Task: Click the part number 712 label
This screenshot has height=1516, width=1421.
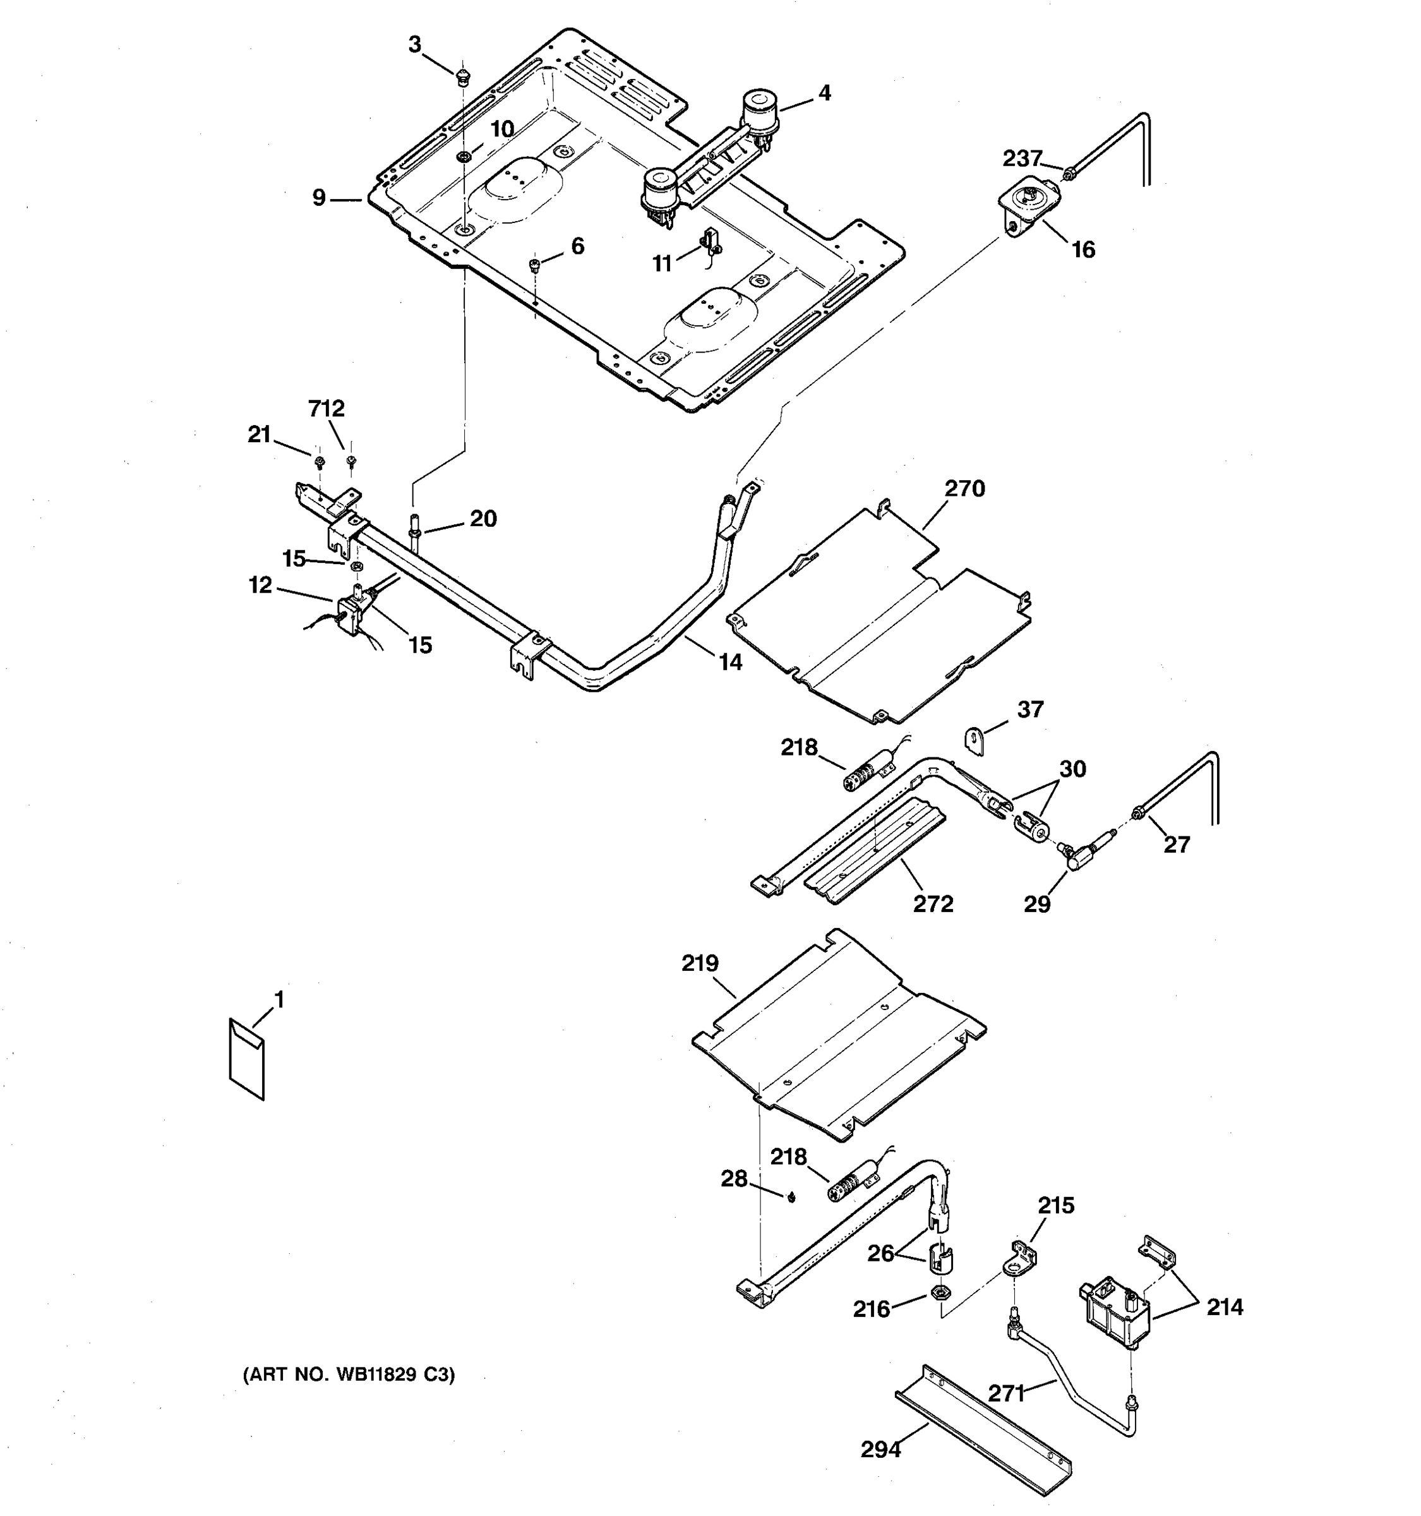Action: click(x=327, y=409)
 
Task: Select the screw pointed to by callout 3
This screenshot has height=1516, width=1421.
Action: click(x=461, y=76)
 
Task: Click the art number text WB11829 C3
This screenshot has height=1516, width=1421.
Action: click(x=349, y=1375)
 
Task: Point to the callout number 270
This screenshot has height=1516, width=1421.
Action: click(x=964, y=488)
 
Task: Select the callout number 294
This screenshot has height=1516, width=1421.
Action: click(x=880, y=1449)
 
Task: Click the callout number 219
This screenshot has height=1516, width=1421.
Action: click(x=700, y=963)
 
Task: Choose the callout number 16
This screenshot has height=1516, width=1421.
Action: click(x=1083, y=250)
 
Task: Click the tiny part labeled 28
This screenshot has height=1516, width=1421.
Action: click(x=791, y=1197)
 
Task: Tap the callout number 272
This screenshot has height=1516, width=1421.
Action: click(x=933, y=904)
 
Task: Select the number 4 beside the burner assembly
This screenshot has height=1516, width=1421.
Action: click(x=824, y=93)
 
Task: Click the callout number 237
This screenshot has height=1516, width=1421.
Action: click(x=1021, y=158)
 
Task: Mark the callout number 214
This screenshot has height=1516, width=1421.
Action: click(x=1225, y=1307)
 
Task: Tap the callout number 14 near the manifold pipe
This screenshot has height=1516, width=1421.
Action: click(x=730, y=662)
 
